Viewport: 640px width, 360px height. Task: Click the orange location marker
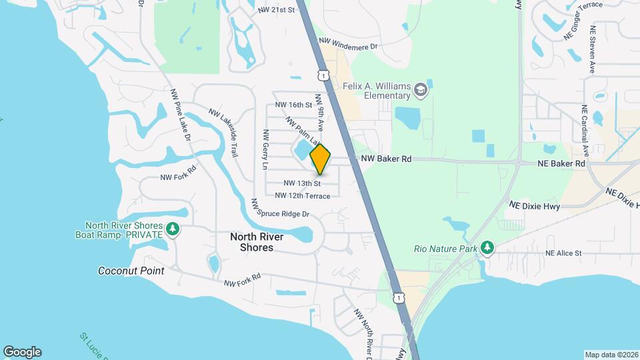pos(320,159)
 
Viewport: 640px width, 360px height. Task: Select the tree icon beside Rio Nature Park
pos(487,248)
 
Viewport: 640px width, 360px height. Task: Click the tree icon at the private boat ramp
pos(173,229)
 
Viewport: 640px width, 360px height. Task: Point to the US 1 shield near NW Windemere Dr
pos(323,76)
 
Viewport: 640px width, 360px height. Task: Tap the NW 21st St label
pos(276,10)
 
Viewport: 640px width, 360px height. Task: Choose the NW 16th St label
pos(293,105)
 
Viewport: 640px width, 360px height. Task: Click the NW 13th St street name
pos(302,183)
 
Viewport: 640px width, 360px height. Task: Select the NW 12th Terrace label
pos(303,196)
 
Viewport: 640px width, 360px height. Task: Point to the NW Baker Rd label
pos(386,159)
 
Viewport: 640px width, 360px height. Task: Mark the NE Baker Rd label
pos(561,163)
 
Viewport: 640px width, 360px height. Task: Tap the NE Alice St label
pos(563,253)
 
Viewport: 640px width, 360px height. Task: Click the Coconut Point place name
pos(131,271)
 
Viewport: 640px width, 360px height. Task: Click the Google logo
pos(22,352)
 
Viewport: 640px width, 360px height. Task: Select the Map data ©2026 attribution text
pos(611,355)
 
